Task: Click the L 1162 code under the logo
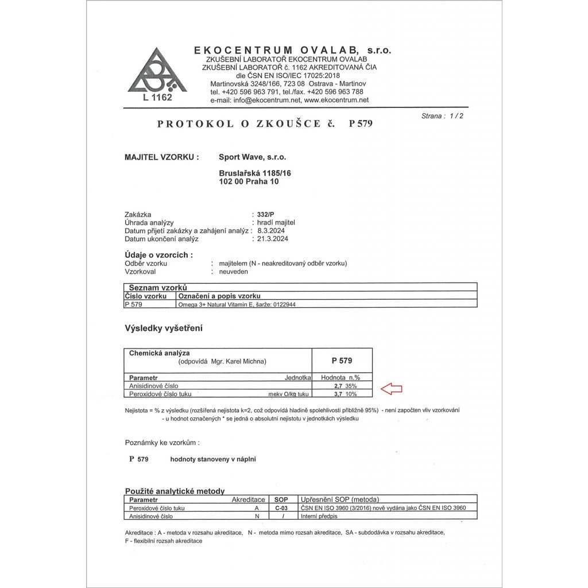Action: point(157,97)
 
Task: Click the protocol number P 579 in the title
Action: point(361,124)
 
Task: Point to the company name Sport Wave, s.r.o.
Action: point(252,156)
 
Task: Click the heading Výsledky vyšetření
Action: point(164,328)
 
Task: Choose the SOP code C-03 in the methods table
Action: point(281,508)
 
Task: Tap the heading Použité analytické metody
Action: point(175,491)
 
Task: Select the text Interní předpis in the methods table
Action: point(318,516)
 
